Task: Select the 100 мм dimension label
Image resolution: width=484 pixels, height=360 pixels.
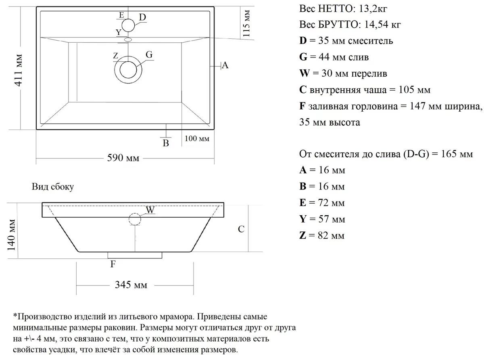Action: [197, 139]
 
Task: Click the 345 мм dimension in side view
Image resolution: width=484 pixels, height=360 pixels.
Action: [131, 285]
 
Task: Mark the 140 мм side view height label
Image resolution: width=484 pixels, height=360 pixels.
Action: [12, 234]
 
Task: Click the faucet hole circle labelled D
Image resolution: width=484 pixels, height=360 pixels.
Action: [127, 25]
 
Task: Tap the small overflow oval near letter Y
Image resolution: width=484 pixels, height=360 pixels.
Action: [128, 40]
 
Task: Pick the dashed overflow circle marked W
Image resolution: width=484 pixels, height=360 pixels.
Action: [135, 219]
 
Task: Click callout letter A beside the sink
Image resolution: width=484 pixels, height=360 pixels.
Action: [225, 65]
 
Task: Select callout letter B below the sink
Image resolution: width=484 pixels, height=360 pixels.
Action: [165, 143]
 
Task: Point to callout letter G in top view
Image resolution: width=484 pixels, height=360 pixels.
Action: [149, 55]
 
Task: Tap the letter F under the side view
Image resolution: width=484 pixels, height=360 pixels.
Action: [113, 264]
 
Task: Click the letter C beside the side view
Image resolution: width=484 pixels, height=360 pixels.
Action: [241, 229]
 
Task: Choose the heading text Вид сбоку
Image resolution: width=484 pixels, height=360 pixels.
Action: [52, 187]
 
